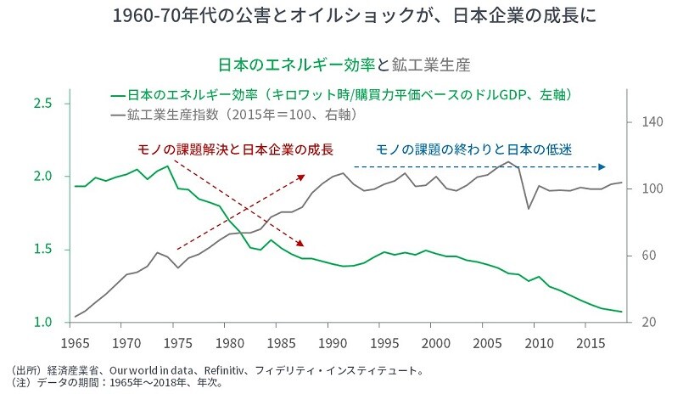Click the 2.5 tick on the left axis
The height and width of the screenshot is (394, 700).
(44, 104)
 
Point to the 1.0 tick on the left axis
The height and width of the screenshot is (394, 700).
(44, 323)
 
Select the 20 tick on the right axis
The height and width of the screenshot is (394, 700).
(644, 323)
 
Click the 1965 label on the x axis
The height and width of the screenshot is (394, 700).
(76, 343)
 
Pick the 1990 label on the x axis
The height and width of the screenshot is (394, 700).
(333, 343)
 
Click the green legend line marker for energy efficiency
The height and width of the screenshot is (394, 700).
(117, 93)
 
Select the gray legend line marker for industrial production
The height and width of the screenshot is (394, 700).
(117, 113)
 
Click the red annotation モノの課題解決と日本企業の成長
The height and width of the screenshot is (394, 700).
(235, 149)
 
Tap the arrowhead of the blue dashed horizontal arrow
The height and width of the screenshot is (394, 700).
(603, 166)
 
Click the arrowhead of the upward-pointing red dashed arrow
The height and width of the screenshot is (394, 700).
(302, 177)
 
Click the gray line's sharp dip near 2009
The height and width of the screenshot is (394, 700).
(529, 208)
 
